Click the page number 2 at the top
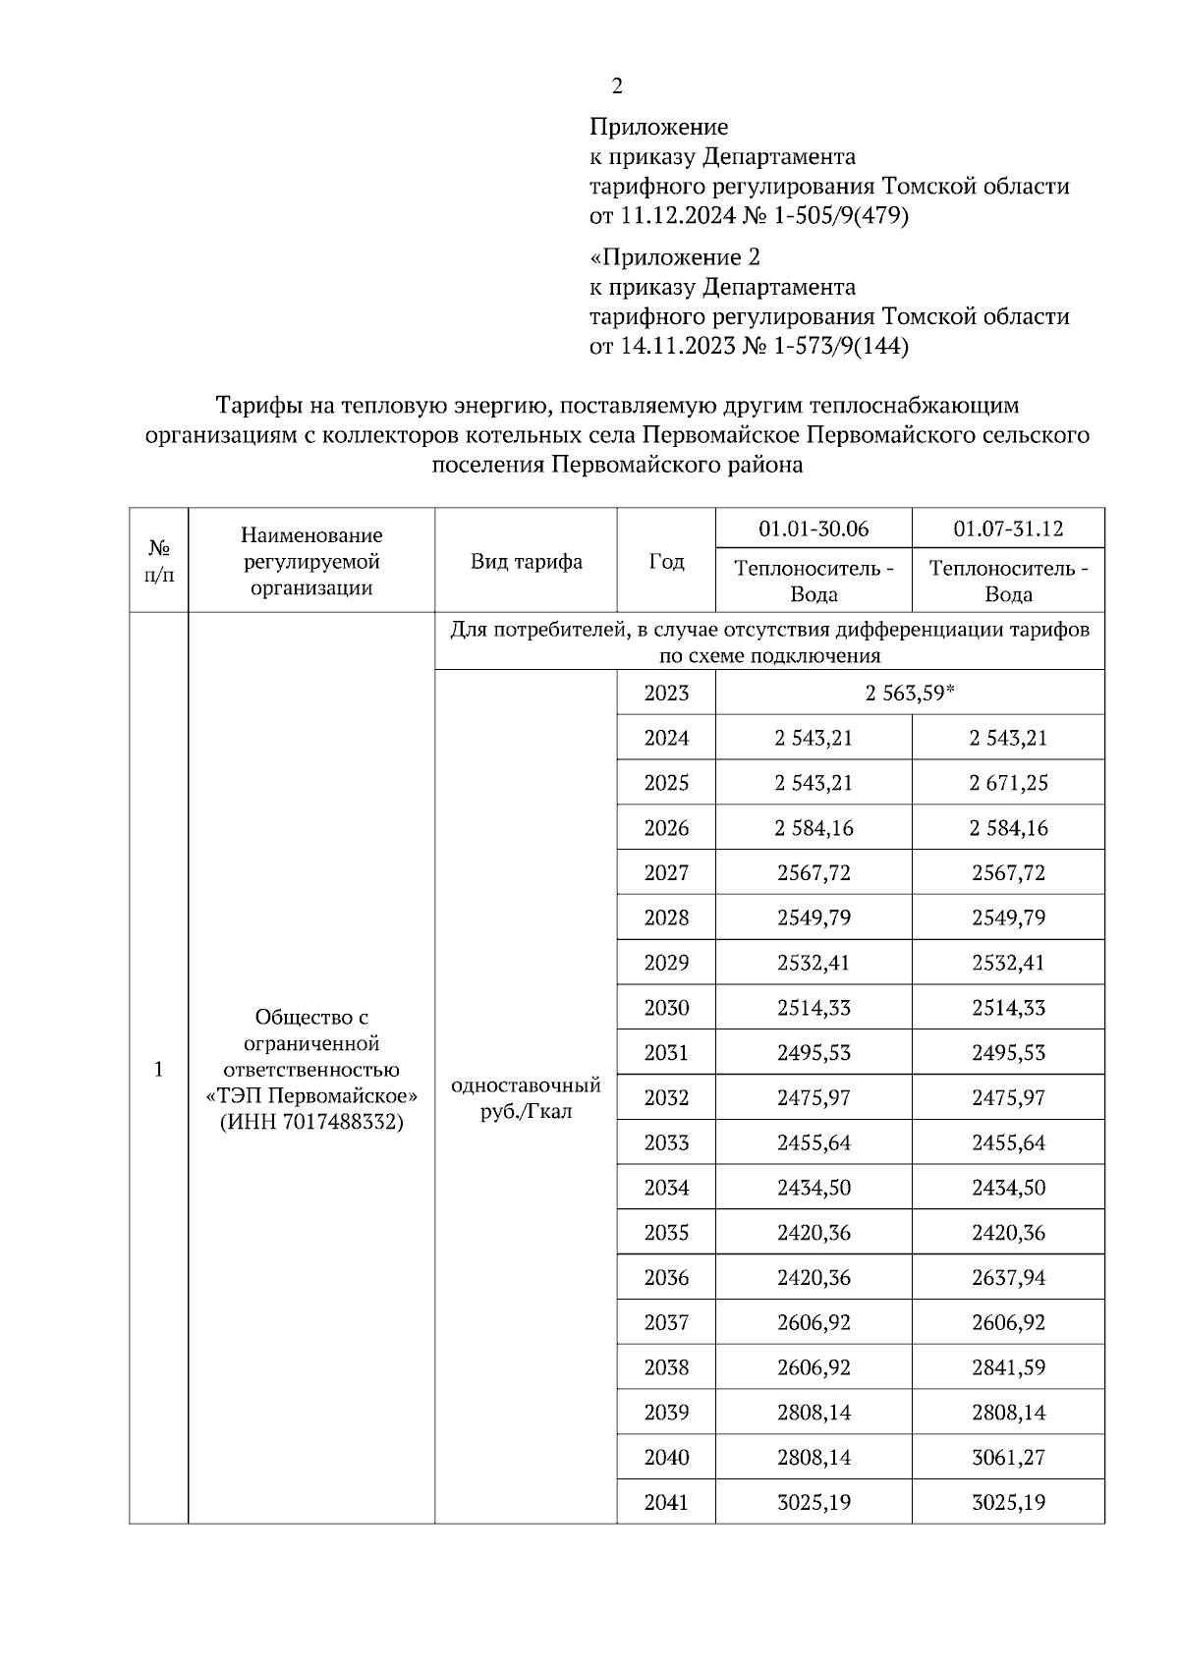coord(616,86)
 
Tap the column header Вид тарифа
coord(526,561)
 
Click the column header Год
coord(666,561)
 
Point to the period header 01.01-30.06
coord(814,528)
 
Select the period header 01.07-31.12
coord(1008,528)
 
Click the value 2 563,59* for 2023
coord(910,693)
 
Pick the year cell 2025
coord(666,783)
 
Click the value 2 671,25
coord(1008,783)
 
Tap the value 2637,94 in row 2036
coord(1008,1277)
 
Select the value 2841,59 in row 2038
coord(1008,1367)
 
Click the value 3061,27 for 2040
coord(1008,1457)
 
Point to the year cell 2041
coord(666,1502)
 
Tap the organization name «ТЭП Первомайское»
coord(311,1096)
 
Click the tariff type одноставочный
coord(526,1086)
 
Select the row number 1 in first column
coord(158,1069)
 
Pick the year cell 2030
coord(666,1008)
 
